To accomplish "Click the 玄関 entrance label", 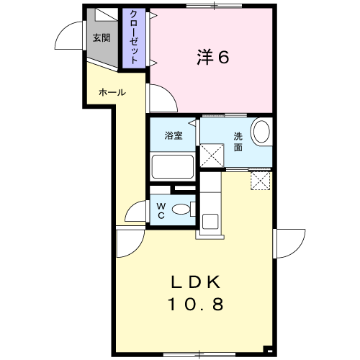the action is point(102,38).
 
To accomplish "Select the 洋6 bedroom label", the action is point(213,57).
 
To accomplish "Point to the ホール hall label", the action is point(112,92).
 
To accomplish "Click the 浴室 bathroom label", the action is point(174,135).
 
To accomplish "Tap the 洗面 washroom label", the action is point(238,142).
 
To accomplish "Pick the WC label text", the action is point(161,210).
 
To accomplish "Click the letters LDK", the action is point(196,282).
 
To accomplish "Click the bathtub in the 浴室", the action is point(173,167).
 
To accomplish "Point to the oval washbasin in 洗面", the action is point(261,132).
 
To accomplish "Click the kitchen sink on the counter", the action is point(210,221).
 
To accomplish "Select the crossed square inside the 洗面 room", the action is point(212,156).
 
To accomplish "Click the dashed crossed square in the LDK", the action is point(261,181).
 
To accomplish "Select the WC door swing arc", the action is point(131,207).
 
